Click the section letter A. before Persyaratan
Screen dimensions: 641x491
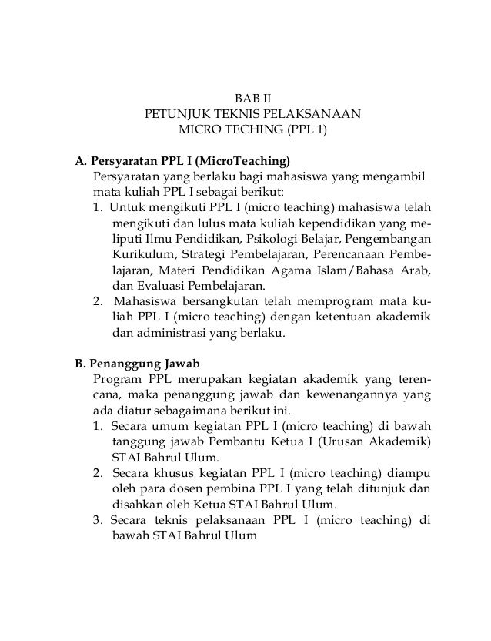click(x=79, y=163)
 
